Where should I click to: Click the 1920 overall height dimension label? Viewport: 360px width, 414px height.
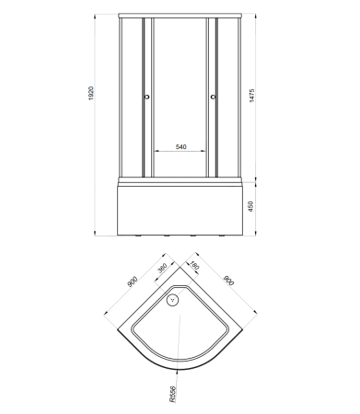click(91, 94)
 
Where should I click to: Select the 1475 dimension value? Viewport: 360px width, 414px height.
click(251, 96)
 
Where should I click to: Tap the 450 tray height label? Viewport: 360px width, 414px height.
click(250, 206)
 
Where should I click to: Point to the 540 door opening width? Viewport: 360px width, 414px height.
click(180, 147)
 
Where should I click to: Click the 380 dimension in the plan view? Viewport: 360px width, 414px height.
click(162, 268)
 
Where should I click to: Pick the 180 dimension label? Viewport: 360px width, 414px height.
click(195, 265)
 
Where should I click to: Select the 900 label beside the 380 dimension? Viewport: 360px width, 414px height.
click(133, 282)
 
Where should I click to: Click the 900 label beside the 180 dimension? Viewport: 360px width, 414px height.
click(228, 281)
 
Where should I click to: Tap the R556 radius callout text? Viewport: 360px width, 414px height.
click(172, 394)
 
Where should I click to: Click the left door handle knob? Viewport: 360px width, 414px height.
click(146, 97)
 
